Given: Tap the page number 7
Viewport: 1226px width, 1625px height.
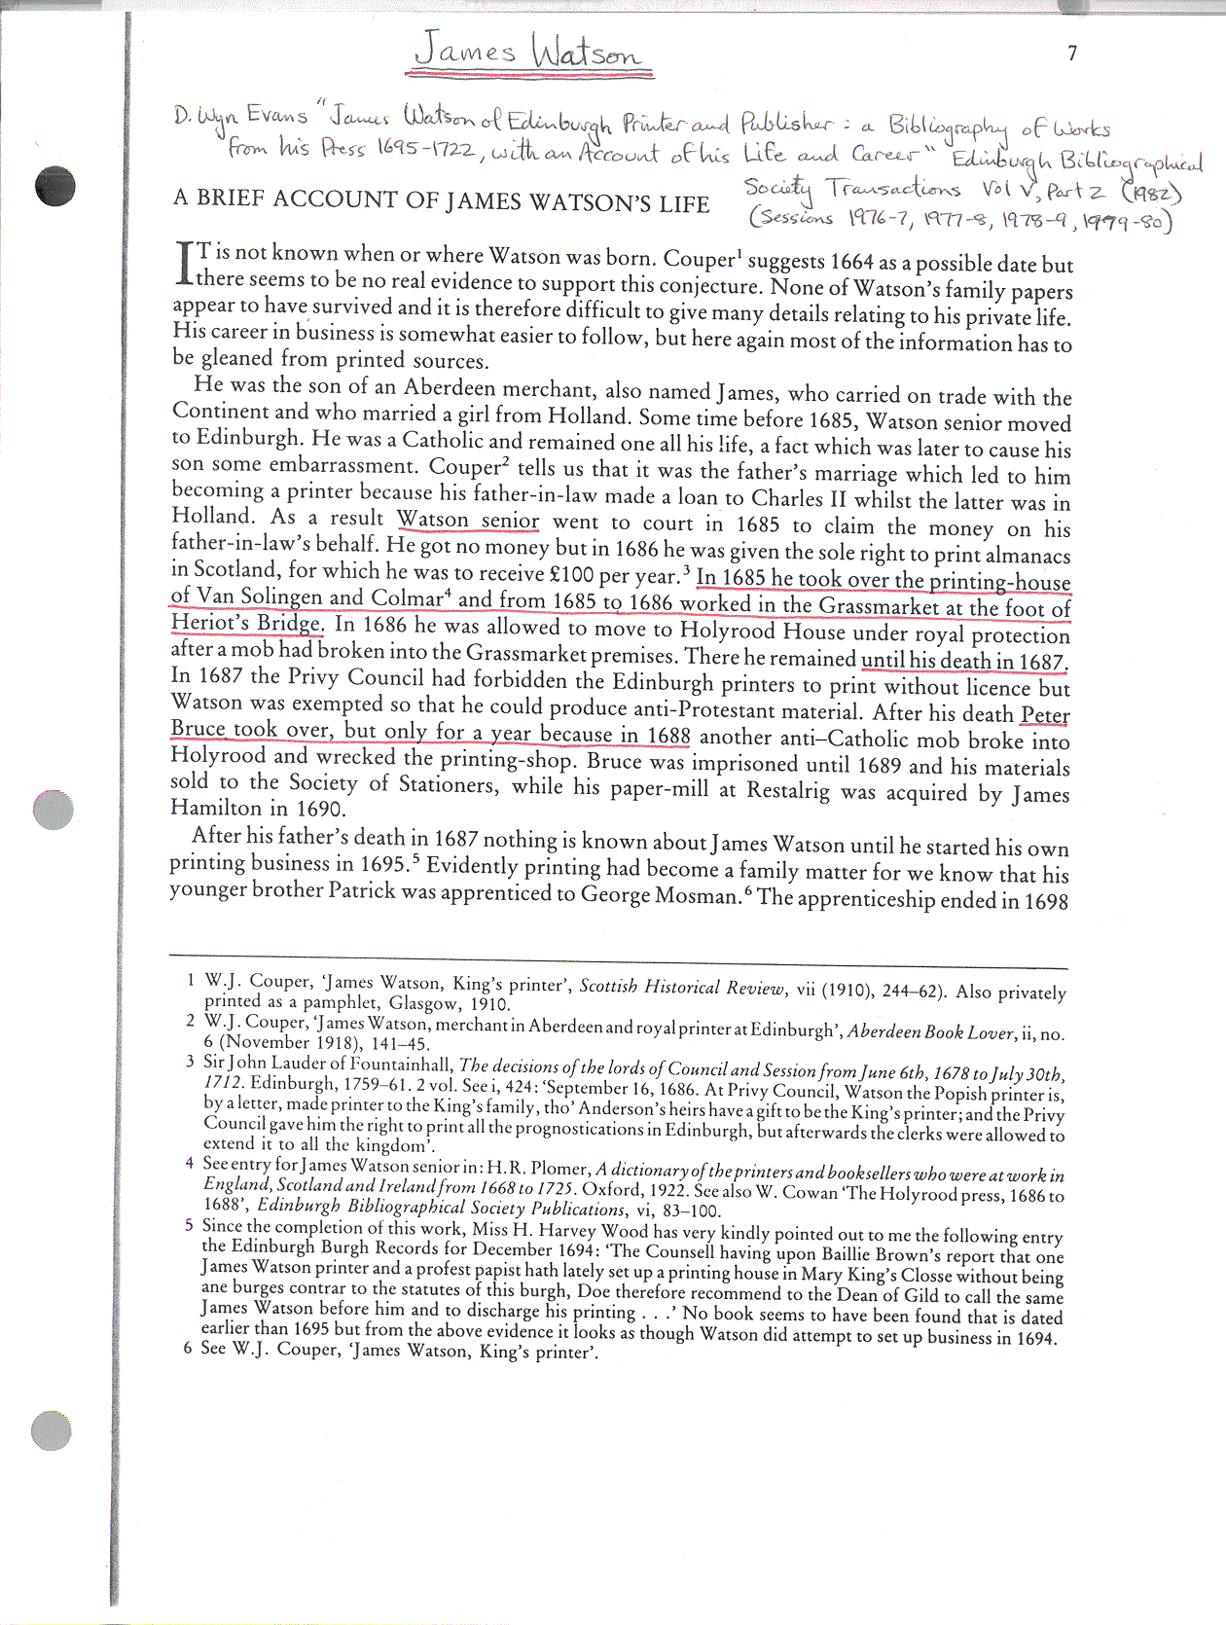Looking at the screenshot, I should pyautogui.click(x=1072, y=54).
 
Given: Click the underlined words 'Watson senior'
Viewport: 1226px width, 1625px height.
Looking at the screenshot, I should pyautogui.click(x=468, y=520).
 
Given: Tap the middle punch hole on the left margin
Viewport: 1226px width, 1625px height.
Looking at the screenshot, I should pyautogui.click(x=54, y=809).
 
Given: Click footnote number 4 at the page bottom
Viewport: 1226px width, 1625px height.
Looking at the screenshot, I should pyautogui.click(x=190, y=1163).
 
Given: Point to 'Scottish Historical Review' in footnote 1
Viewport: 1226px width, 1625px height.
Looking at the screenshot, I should pyautogui.click(x=681, y=987).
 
